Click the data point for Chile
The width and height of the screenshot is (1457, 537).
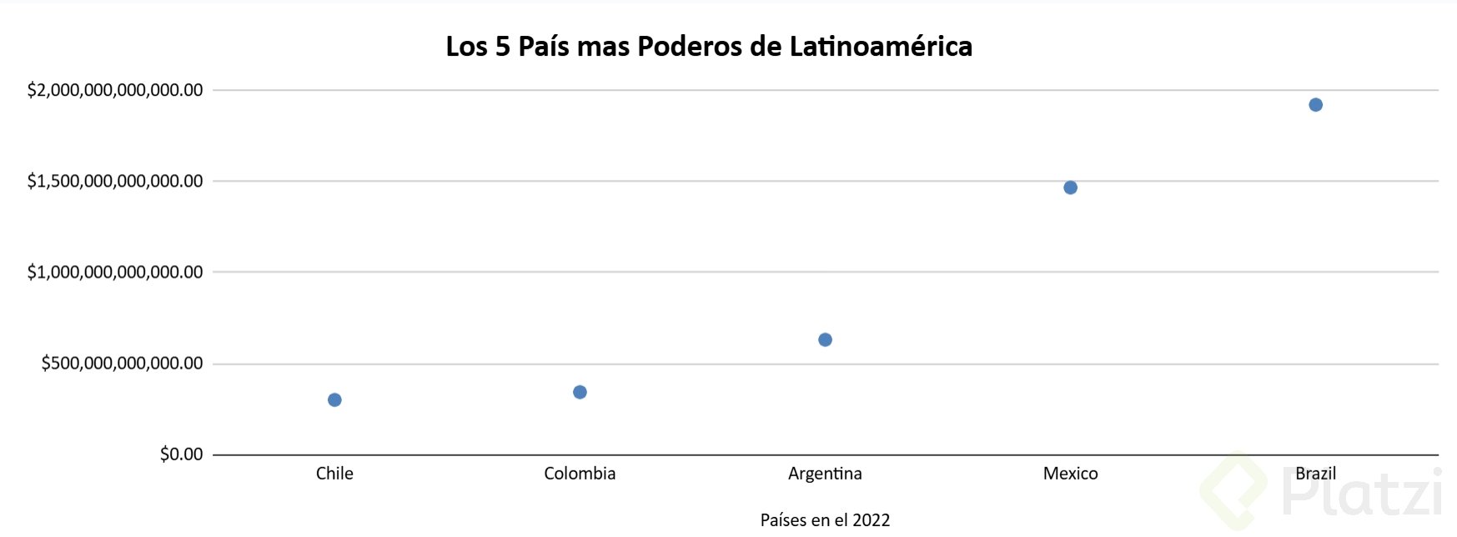(x=334, y=400)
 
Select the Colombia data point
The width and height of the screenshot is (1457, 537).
(x=580, y=392)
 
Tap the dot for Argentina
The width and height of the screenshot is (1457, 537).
(x=825, y=339)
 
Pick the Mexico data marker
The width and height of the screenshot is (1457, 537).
(x=1070, y=188)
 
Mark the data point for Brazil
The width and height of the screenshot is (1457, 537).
(x=1315, y=105)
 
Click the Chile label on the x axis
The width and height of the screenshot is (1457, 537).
(x=334, y=474)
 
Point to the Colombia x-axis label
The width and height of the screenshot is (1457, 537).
(x=580, y=474)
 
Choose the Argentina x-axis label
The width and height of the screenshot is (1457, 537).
(x=825, y=474)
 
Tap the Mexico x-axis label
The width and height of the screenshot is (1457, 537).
(x=1070, y=474)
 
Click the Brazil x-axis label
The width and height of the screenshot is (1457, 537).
(x=1315, y=474)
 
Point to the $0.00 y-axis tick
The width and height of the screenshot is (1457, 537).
(x=181, y=454)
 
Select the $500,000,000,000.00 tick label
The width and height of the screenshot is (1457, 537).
(x=122, y=364)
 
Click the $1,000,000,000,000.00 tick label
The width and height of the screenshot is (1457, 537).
(x=115, y=272)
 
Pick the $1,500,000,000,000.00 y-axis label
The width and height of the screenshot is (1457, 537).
(x=115, y=181)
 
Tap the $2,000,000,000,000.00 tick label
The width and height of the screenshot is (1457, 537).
(x=115, y=90)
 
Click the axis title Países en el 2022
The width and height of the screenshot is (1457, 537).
(x=825, y=520)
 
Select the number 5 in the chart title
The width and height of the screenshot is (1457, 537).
(x=502, y=47)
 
